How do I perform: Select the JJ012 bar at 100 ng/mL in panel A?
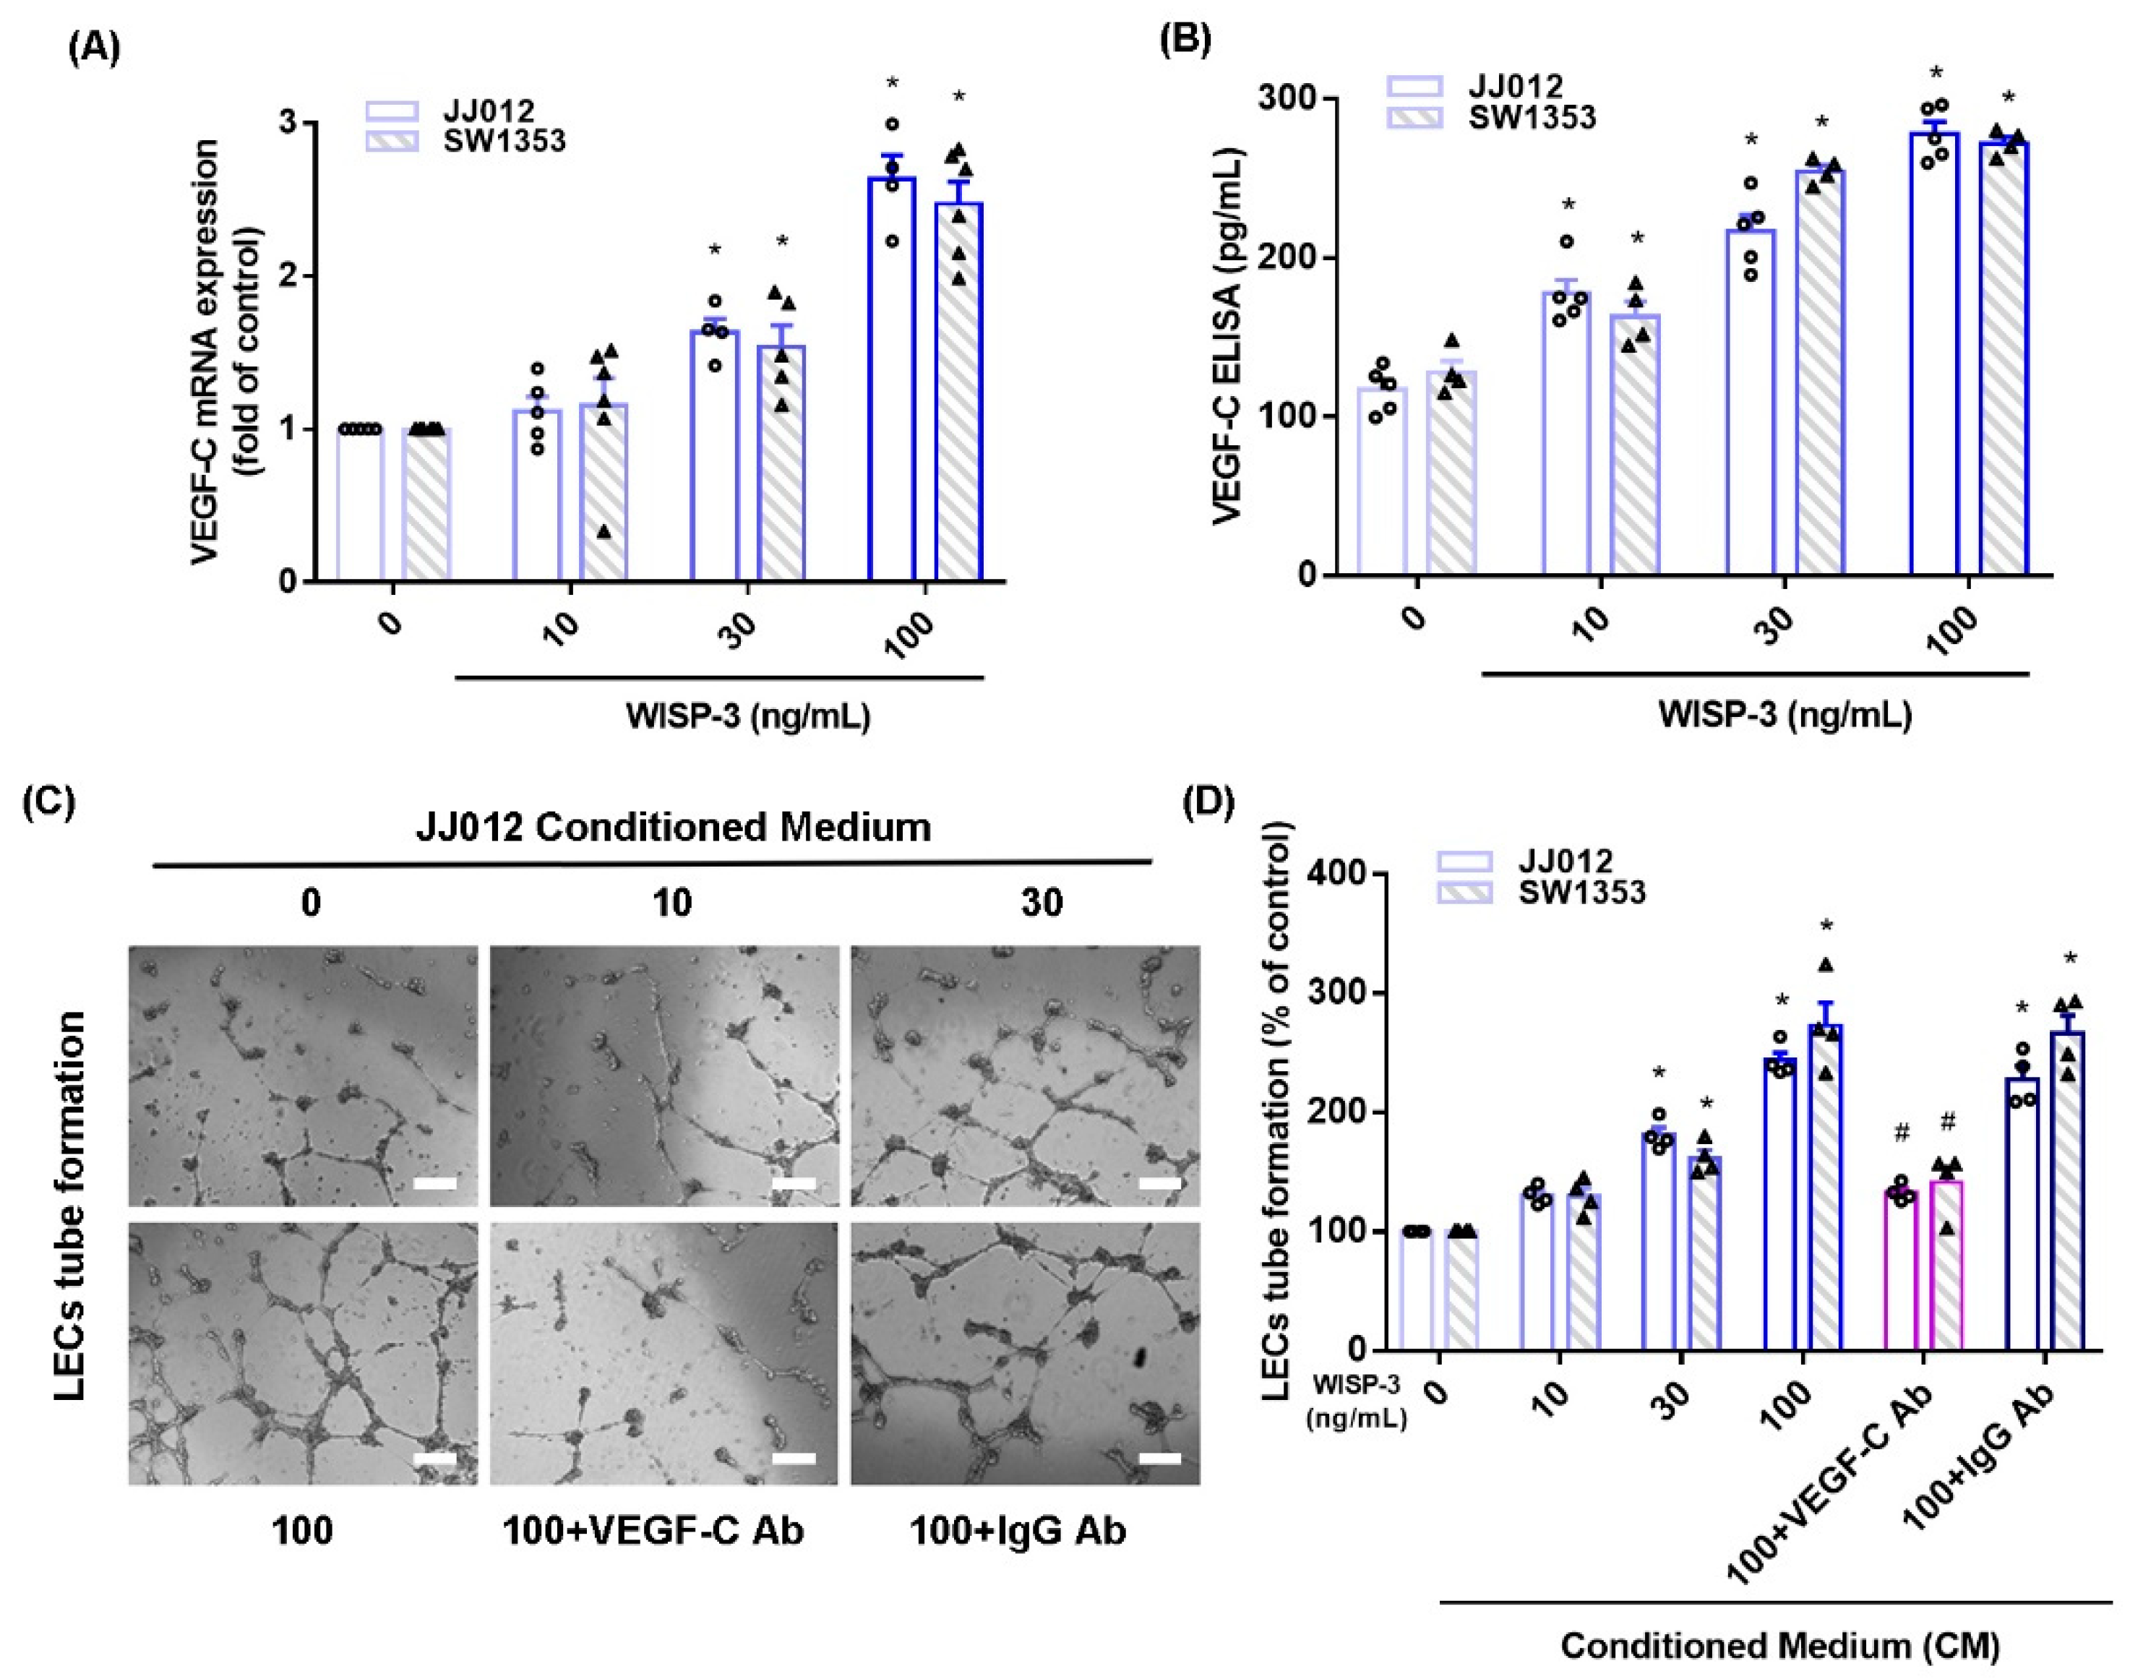pyautogui.click(x=891, y=379)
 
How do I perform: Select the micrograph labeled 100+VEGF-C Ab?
pyautogui.click(x=664, y=1352)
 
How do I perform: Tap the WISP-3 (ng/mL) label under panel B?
pyautogui.click(x=1784, y=715)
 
